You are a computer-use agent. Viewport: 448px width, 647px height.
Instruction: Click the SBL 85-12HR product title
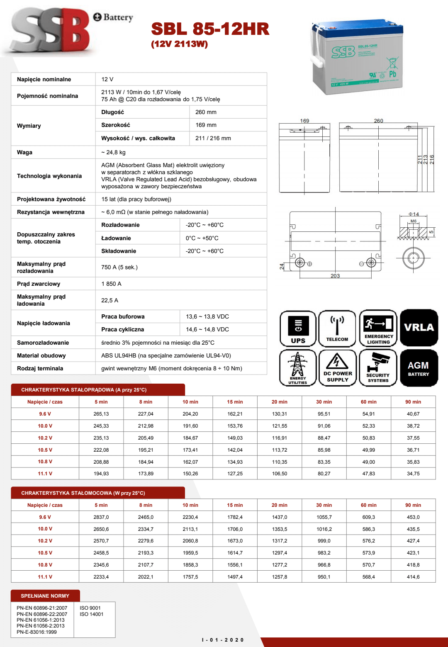210,29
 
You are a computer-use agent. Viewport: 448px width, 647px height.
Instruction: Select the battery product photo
357,58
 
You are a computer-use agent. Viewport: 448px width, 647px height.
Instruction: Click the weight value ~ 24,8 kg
113,152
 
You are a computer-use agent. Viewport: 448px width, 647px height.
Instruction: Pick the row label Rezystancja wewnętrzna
51,212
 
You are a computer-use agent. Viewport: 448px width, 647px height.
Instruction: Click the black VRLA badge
419,328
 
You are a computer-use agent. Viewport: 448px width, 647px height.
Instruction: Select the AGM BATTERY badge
419,368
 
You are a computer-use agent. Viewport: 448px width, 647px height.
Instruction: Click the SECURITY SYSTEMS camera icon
378,368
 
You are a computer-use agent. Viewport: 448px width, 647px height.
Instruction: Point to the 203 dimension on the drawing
335,276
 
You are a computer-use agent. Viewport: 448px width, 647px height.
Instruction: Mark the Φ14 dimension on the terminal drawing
414,214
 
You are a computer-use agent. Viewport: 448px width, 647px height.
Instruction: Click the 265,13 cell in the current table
101,414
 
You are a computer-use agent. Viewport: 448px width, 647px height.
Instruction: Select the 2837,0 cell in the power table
101,517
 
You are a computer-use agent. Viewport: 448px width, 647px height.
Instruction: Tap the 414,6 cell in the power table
413,577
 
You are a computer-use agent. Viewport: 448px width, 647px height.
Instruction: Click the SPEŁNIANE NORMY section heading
45,596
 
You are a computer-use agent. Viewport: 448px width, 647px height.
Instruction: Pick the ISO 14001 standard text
91,614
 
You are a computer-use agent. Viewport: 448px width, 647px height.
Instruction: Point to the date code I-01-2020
223,640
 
